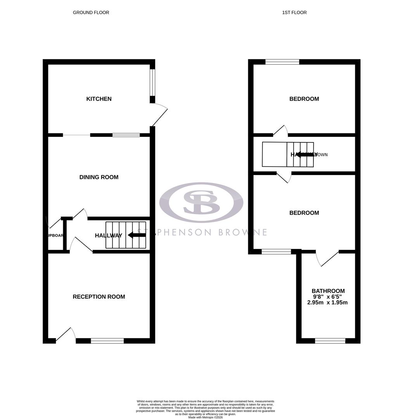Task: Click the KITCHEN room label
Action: coord(99,99)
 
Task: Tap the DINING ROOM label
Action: coord(99,177)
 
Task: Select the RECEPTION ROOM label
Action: coord(99,297)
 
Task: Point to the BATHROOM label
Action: coord(328,291)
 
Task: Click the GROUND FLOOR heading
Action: coord(91,12)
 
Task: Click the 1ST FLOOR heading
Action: coord(294,12)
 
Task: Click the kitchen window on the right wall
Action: coord(153,82)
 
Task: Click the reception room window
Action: coord(107,341)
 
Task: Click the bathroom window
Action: coord(330,341)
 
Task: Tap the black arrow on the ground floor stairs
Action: coord(137,235)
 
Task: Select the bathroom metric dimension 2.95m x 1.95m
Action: coord(327,302)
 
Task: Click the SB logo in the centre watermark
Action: coord(201,202)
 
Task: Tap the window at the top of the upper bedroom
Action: coord(282,62)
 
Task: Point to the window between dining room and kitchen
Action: coord(126,135)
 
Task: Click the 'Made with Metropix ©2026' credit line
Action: coord(206,417)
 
